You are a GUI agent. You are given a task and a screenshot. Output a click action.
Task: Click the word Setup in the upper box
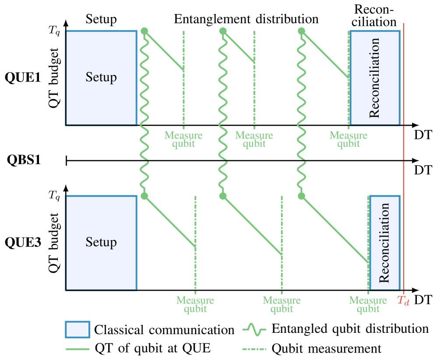101,77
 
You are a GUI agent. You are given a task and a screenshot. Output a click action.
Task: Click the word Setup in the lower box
101,242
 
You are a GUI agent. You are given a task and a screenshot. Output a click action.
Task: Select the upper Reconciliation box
375,78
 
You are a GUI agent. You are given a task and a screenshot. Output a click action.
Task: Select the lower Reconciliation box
384,243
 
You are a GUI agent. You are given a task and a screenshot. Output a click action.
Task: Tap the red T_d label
403,300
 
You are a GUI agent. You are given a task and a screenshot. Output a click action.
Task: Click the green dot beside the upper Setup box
144,31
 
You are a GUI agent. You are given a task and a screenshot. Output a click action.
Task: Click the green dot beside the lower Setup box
144,196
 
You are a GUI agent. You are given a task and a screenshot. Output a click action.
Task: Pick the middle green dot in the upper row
223,31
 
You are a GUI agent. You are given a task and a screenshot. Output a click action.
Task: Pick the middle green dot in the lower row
223,196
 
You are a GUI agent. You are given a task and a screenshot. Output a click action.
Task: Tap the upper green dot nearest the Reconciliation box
301,31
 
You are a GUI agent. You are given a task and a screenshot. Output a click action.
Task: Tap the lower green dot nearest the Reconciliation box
301,196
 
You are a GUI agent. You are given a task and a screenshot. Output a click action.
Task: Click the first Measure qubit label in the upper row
183,139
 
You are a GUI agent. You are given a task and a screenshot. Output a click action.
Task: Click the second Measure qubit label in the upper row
254,139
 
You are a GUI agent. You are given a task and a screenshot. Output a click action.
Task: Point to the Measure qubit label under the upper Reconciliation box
349,139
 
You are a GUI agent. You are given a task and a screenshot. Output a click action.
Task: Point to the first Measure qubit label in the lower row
195,304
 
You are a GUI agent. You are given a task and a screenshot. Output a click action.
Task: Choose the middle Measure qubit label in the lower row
282,304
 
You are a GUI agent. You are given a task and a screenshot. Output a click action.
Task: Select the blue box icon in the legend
78,329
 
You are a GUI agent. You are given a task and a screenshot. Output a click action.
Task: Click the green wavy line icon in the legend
254,329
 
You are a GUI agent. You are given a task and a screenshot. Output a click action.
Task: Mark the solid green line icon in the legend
78,349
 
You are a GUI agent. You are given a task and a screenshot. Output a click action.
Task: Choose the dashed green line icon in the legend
254,349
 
